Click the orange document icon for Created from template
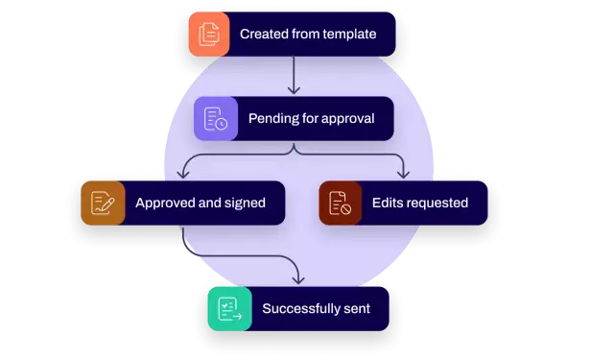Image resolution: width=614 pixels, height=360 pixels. [x=209, y=35]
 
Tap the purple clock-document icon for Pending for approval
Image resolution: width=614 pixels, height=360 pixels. [x=216, y=119]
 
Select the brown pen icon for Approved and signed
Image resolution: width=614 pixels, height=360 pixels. [x=103, y=203]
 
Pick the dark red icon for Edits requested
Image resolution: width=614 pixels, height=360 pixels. [x=341, y=203]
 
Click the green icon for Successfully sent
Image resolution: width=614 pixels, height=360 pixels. [x=229, y=309]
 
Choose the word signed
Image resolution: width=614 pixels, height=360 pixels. [x=245, y=204]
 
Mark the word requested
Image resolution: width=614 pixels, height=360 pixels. [x=438, y=204]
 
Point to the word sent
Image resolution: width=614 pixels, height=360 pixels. [x=357, y=309]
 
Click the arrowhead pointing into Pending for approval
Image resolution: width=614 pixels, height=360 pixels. [x=295, y=91]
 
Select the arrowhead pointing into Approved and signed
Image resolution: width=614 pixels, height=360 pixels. [x=185, y=175]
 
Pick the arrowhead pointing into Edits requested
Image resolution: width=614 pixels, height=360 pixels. [x=404, y=175]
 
